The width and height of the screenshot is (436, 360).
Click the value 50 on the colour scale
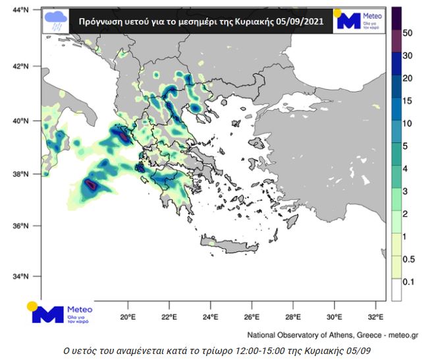[x=408, y=33]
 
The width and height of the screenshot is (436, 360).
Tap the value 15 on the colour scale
[x=407, y=101]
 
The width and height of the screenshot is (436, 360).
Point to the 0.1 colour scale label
[x=408, y=282]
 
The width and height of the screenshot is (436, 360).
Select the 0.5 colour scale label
[x=408, y=259]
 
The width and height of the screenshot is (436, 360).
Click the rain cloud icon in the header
[x=55, y=20]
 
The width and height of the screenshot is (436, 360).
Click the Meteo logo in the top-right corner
[x=358, y=20]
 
